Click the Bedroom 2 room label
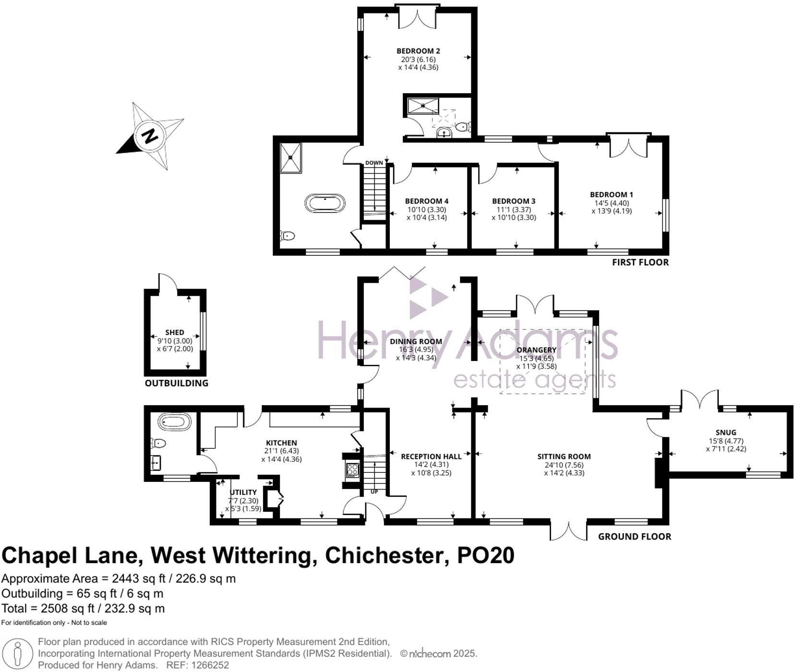point(418,51)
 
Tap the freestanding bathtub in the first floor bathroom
point(325,203)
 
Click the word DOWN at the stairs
point(374,163)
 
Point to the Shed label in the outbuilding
point(175,332)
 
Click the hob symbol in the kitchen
point(352,470)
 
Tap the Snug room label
point(725,432)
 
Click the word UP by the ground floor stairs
point(374,492)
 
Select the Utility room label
point(243,492)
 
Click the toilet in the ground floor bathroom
point(158,443)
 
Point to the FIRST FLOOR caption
point(640,262)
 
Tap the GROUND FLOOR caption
point(634,536)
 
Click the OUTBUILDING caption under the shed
point(177,383)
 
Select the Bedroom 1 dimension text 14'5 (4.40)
point(611,203)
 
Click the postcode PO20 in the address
point(485,555)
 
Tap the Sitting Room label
point(564,456)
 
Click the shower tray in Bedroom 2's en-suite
point(420,106)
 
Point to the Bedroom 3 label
point(514,201)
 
